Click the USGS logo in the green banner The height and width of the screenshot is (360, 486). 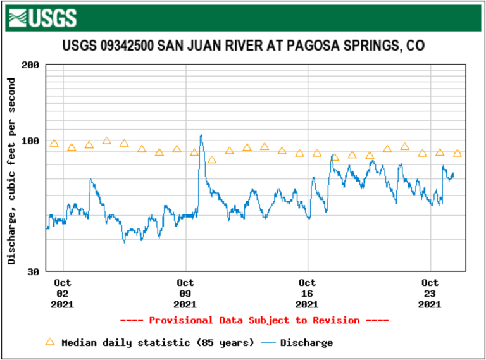44,18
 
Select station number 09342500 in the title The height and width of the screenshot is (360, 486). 127,46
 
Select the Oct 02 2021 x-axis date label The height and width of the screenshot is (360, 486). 63,293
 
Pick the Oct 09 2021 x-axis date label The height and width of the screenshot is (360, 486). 185,293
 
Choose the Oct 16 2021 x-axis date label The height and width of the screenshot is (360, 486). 308,293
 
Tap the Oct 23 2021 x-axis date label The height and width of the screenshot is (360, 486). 430,293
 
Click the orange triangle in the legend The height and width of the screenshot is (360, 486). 50,342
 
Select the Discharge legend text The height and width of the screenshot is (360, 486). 306,343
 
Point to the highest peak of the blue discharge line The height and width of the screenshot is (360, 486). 201,135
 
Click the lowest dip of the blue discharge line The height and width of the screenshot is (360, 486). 124,242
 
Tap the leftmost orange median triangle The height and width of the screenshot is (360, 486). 54,144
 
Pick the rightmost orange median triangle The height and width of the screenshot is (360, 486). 458,154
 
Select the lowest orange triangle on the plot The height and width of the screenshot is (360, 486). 212,160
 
